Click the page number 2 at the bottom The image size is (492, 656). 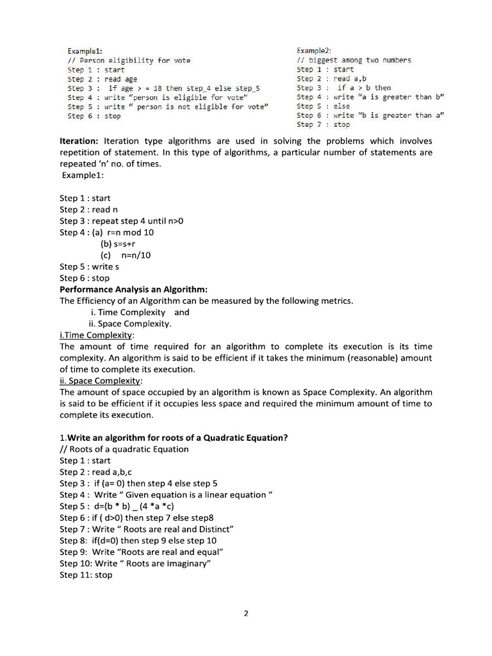coord(246,613)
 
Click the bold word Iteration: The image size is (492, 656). coord(79,141)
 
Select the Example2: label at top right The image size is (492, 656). coord(314,51)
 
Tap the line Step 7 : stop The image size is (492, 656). coord(324,125)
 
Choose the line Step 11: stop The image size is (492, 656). coord(86,575)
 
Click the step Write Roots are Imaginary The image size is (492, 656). coord(135,563)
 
